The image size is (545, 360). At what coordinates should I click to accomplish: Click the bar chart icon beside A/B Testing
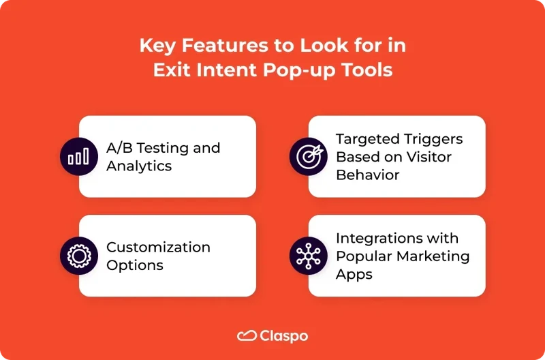79,157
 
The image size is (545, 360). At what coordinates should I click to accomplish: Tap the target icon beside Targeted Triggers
309,157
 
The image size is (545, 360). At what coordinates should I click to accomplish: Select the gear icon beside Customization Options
79,256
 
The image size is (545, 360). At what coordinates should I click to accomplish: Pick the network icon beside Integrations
309,256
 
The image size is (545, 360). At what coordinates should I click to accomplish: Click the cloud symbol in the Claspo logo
246,335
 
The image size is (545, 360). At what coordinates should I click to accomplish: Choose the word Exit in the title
173,70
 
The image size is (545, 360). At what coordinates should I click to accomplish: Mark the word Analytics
139,166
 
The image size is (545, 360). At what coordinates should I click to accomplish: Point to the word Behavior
367,175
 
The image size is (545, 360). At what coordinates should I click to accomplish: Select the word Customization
158,247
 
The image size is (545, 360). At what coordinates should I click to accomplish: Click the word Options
135,265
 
